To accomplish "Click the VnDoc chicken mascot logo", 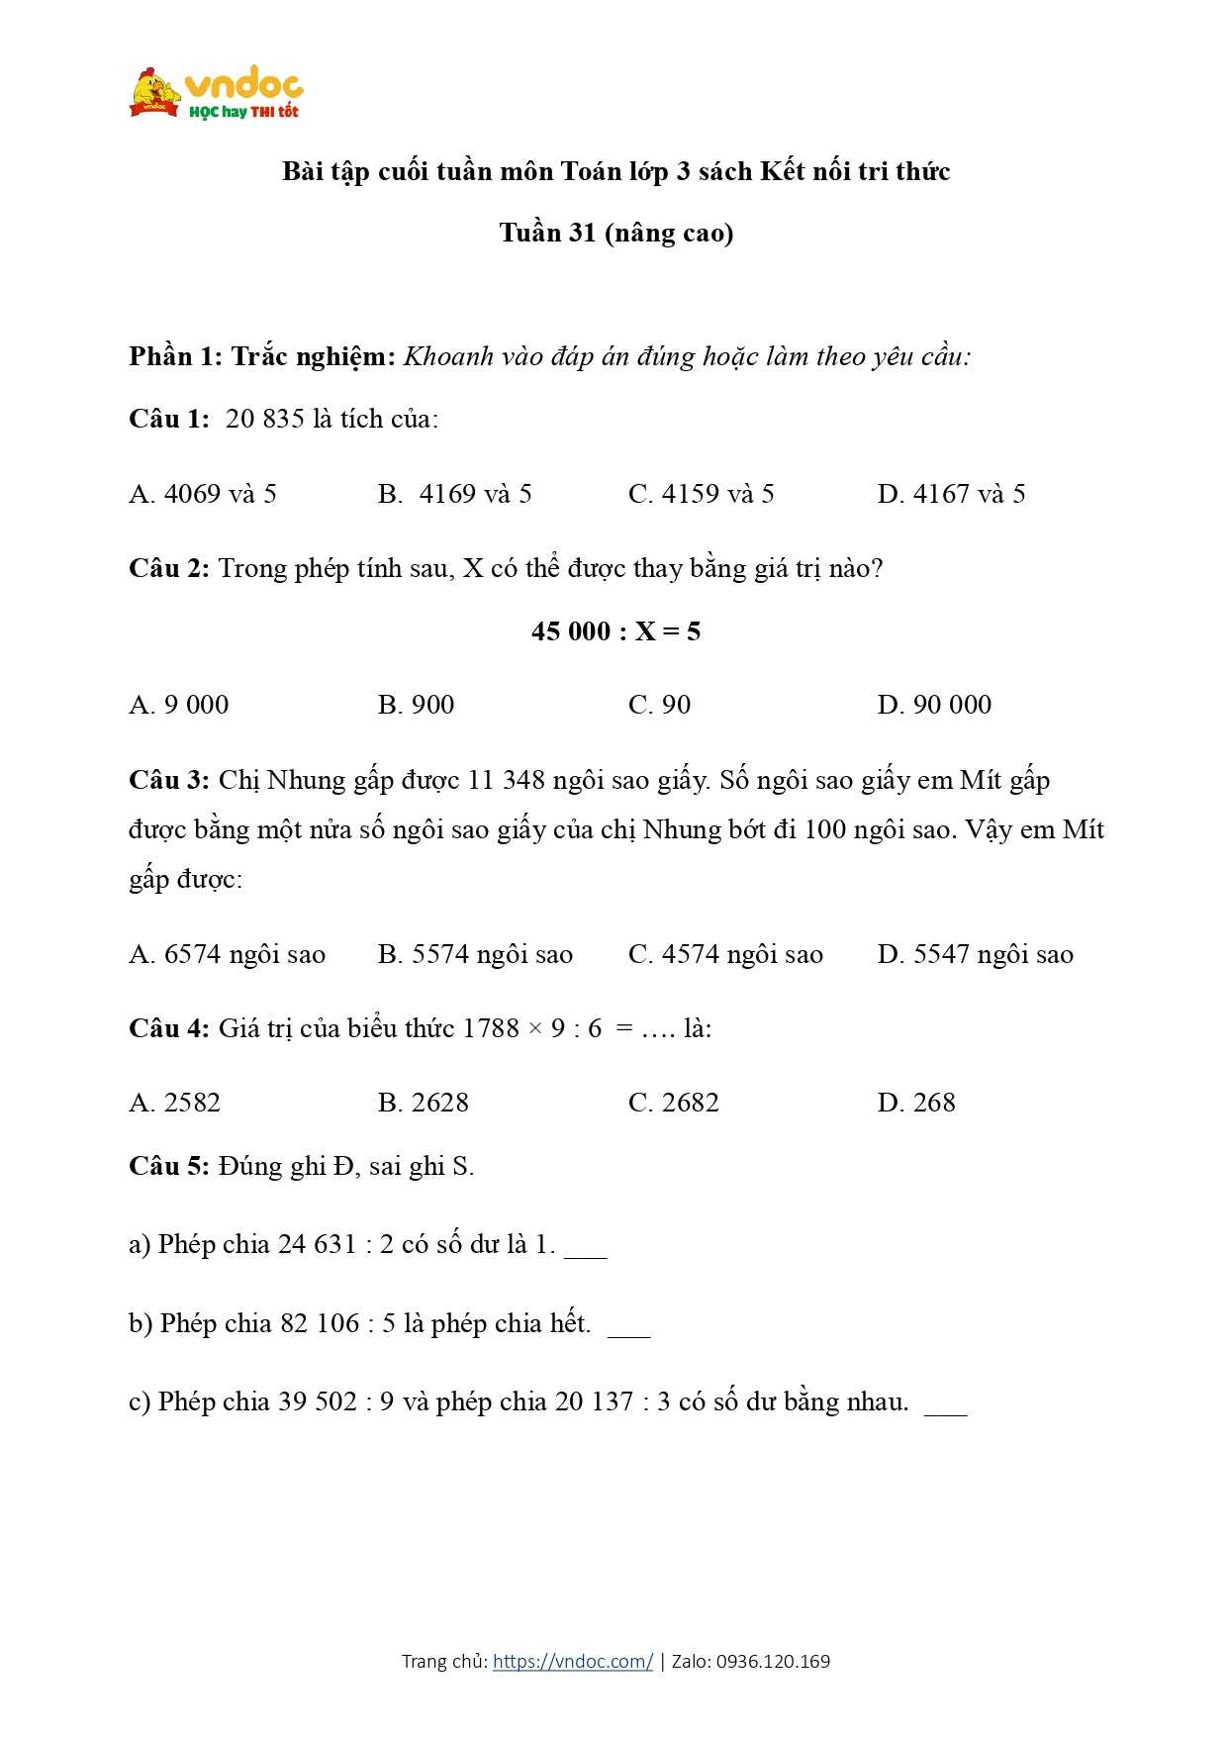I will click(x=156, y=91).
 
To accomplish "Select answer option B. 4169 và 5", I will click(x=454, y=494).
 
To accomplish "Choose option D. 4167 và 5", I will click(x=951, y=494).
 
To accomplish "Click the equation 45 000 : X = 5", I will click(x=615, y=631).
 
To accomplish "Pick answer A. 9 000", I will click(x=178, y=705).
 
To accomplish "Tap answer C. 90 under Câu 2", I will click(x=659, y=705).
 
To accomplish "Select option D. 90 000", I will click(x=934, y=705).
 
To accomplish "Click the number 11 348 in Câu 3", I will click(x=506, y=780).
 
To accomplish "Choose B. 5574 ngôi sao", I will click(x=475, y=954).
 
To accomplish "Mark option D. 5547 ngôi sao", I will click(x=975, y=954).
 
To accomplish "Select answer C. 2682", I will click(x=673, y=1103).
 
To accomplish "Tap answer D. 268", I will click(x=916, y=1103).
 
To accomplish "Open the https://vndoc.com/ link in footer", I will click(x=572, y=1662).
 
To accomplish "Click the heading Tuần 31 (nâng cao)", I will click(x=615, y=233).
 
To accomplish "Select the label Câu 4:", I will click(x=168, y=1028).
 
